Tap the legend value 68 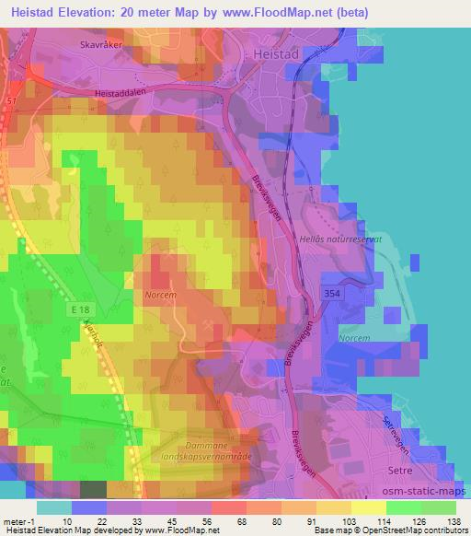tap(241, 520)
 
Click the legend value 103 tap(347, 520)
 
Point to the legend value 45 tap(170, 520)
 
